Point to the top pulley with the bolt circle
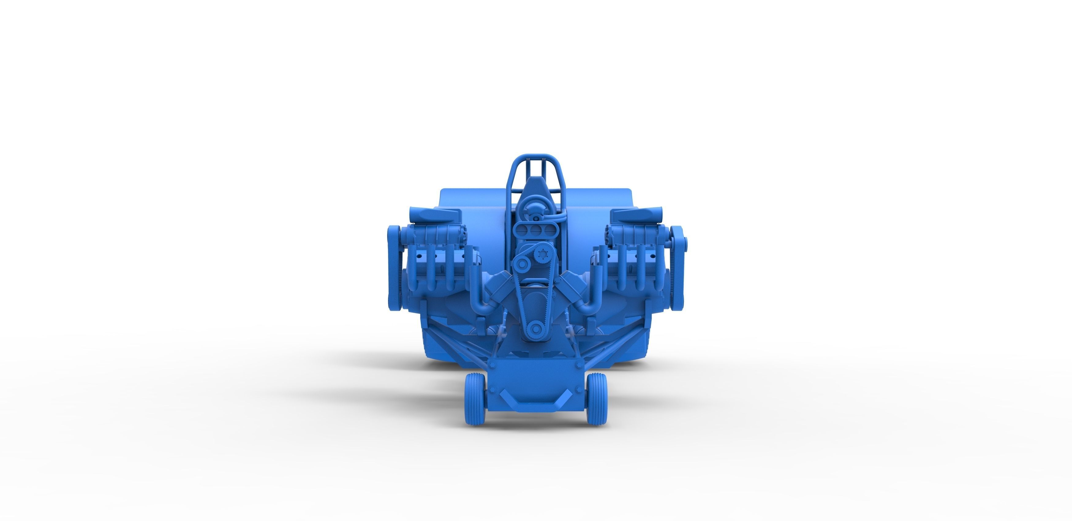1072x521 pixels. click(x=543, y=254)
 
